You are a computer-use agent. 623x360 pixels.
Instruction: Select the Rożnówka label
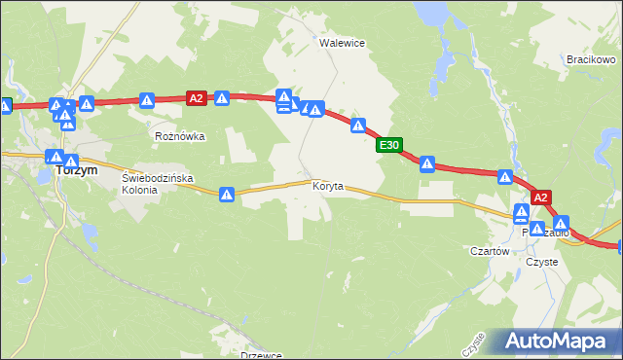(180, 136)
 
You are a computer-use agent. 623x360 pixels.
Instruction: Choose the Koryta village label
(328, 186)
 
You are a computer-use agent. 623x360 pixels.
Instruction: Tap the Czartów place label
(490, 251)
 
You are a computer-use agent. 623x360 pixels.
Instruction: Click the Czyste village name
(541, 262)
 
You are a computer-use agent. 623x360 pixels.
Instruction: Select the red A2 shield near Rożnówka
(197, 97)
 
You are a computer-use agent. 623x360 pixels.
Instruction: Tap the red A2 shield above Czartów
(542, 196)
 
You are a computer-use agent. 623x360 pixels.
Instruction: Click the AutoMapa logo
(559, 342)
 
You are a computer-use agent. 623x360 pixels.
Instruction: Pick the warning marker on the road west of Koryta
(227, 195)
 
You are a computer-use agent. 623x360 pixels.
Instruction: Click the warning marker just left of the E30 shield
(358, 126)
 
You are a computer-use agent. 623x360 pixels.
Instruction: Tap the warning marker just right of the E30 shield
(426, 163)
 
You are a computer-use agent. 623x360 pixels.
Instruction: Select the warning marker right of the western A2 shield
(222, 98)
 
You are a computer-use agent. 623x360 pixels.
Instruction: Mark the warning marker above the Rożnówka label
(147, 99)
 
